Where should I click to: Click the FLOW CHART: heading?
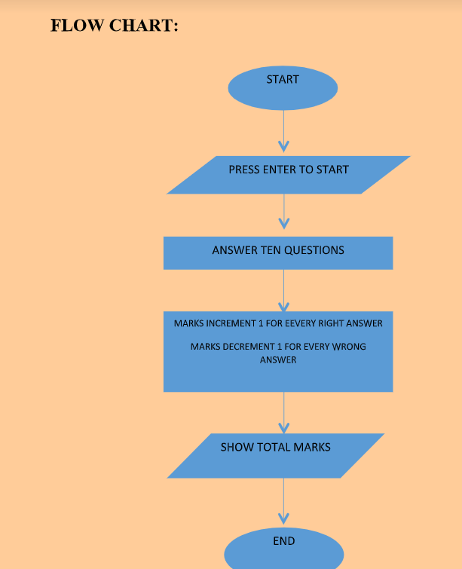click(114, 26)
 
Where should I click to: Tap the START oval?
click(283, 87)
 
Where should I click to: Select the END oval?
click(284, 549)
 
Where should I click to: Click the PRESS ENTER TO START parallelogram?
click(288, 175)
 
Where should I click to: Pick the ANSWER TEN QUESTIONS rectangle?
click(278, 252)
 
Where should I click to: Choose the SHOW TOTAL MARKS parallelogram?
click(276, 455)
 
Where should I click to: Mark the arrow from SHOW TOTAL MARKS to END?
click(283, 500)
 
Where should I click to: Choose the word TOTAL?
click(275, 447)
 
